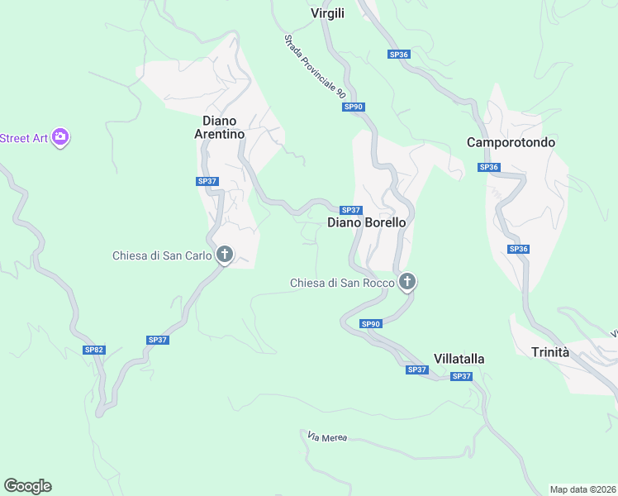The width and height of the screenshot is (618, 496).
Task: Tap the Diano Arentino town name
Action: (x=219, y=127)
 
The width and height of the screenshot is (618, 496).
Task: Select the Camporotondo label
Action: (x=511, y=142)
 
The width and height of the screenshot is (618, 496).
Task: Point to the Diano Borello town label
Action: (x=367, y=222)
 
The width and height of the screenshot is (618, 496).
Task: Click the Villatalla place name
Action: (x=459, y=359)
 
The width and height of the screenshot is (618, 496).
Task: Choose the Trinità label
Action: (x=550, y=352)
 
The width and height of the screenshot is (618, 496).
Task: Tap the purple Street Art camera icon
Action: (x=59, y=137)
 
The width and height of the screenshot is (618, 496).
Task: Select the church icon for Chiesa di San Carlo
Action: (x=224, y=255)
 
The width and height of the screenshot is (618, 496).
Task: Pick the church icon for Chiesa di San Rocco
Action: (x=406, y=283)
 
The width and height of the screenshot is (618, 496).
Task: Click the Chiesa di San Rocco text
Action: (x=342, y=284)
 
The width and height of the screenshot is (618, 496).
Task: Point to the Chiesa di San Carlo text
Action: (x=162, y=255)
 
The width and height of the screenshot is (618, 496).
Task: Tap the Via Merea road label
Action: (x=327, y=436)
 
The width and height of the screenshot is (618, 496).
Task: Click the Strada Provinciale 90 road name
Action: (x=314, y=68)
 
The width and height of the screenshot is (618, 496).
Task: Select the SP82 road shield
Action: (x=94, y=350)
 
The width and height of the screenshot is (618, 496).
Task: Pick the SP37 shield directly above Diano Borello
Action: (x=350, y=210)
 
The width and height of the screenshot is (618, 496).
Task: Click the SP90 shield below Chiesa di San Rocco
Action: (x=371, y=323)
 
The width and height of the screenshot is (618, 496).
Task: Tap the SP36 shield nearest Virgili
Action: (x=399, y=54)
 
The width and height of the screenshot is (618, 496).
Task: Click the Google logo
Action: (x=28, y=486)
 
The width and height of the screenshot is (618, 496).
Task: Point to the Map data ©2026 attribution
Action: (x=582, y=489)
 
